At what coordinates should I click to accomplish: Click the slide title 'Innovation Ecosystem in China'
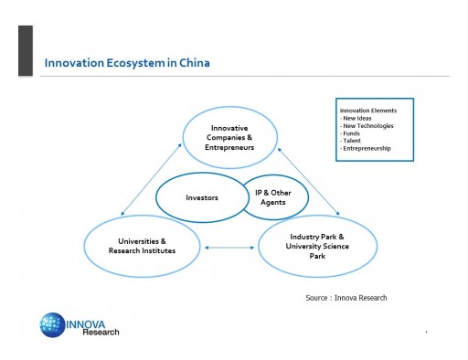(127, 63)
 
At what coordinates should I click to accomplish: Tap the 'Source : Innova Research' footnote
(346, 298)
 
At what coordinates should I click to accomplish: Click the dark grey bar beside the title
(26, 50)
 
